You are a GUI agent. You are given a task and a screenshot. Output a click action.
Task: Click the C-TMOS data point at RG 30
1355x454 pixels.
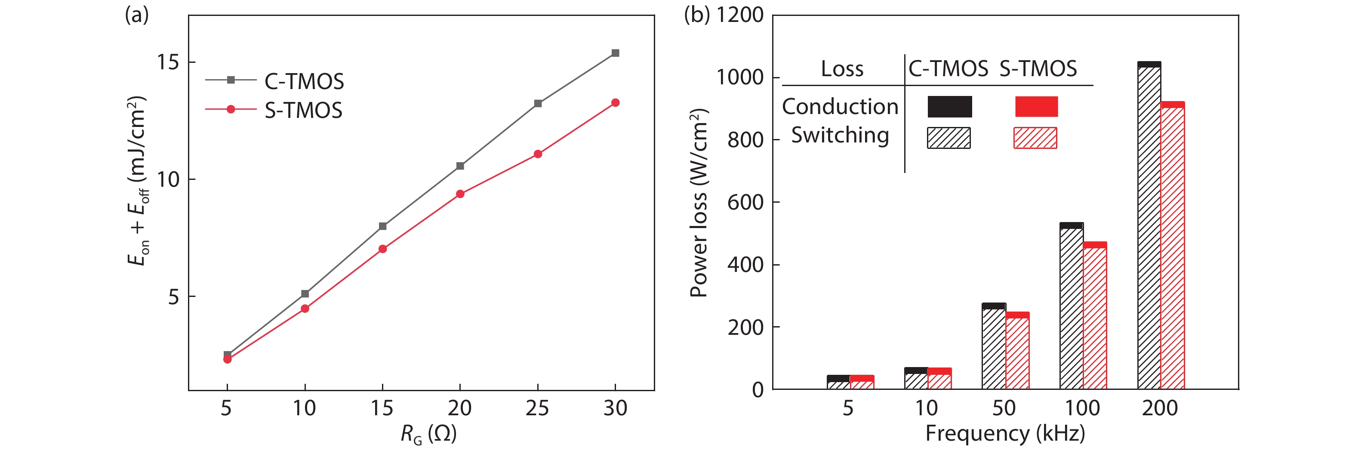[x=615, y=53]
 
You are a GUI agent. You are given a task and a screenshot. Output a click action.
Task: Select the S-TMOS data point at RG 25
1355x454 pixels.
[x=538, y=154]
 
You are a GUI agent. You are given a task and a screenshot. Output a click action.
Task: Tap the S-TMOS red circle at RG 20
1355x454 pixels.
[x=460, y=194]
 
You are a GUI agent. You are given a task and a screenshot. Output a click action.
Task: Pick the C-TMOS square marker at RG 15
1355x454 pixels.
[x=382, y=226]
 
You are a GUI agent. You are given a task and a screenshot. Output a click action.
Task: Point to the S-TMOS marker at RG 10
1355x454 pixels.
[x=305, y=309]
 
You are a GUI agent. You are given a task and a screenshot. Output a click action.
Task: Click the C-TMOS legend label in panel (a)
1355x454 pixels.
[x=304, y=81]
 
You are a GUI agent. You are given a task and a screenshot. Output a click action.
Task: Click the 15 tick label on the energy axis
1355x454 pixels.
[x=168, y=62]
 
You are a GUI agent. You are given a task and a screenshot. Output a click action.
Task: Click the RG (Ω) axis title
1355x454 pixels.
[x=428, y=435]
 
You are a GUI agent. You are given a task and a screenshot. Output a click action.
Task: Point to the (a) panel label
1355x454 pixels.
[x=137, y=15]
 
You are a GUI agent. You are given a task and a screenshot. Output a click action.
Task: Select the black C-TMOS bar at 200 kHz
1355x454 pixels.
[x=1149, y=226]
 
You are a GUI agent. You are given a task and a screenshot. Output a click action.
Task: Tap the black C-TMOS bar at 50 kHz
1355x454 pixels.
[x=994, y=347]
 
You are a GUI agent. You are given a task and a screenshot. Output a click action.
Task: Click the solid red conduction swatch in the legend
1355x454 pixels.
[x=1036, y=107]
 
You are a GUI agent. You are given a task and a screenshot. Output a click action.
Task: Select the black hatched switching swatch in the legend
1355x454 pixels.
[x=949, y=138]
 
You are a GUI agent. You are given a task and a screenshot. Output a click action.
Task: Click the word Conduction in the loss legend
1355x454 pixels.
[x=840, y=107]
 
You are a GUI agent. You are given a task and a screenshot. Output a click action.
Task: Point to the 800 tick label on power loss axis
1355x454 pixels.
[x=745, y=140]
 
